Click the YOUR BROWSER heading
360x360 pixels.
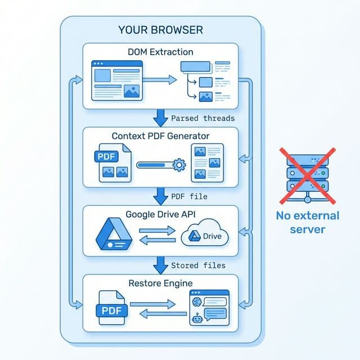pos(161,29)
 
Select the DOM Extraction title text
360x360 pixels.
pos(160,52)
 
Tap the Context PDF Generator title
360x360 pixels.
pos(161,136)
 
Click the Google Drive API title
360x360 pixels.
pos(161,214)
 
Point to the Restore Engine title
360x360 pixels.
pos(161,283)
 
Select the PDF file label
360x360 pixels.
pos(189,196)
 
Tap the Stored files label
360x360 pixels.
pos(198,265)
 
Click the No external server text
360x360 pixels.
pos(307,222)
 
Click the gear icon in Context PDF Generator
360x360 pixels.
pos(179,165)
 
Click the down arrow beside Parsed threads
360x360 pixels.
pos(160,118)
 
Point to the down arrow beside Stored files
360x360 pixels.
pos(160,264)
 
